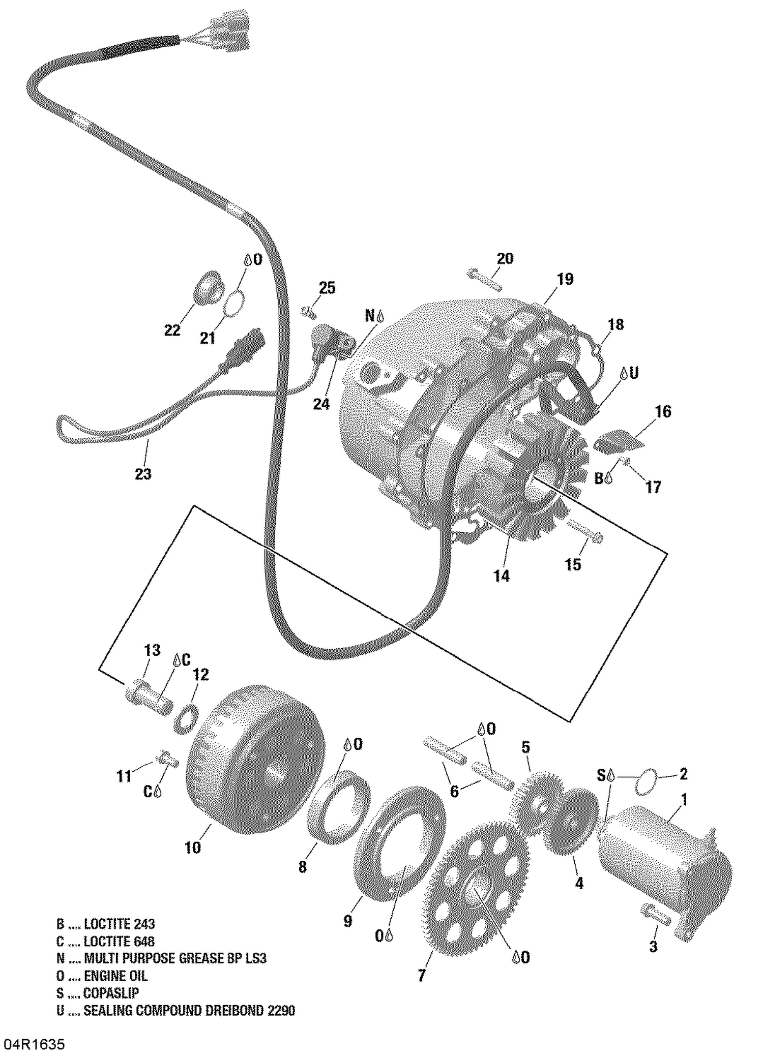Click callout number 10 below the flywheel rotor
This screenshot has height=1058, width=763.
point(193,848)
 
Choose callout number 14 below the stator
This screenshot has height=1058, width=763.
point(501,576)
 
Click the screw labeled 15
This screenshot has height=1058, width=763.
point(585,532)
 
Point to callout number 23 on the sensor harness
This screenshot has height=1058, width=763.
point(143,474)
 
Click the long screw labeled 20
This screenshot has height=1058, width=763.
point(484,280)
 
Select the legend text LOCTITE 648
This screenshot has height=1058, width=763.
point(119,942)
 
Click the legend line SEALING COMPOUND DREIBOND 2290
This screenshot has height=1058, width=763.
point(189,1011)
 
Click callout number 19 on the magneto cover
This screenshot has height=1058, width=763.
point(565,279)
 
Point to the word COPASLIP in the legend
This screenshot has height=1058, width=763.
point(111,993)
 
